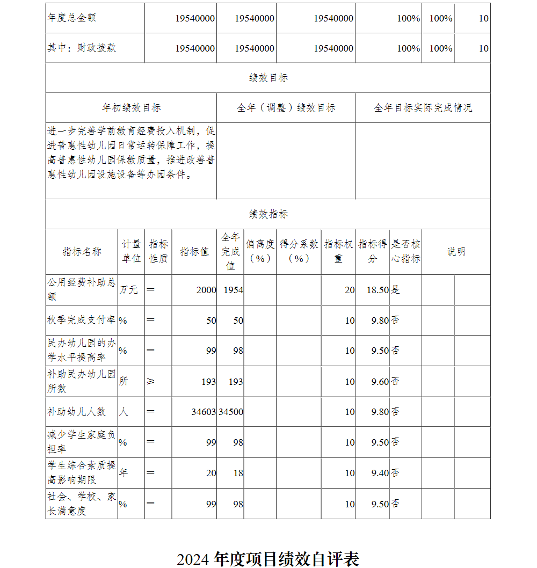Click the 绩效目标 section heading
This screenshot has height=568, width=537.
tap(268, 78)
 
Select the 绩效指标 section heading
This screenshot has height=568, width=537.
tap(268, 214)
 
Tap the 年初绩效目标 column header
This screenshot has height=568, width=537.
tap(131, 108)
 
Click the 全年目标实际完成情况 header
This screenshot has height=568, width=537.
tap(423, 108)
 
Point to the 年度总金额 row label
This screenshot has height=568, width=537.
tap(71, 18)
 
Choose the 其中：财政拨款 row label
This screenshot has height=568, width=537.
tap(82, 48)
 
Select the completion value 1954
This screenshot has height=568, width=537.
tap(234, 290)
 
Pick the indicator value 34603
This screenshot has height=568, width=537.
tap(204, 412)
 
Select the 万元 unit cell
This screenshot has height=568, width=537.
tap(128, 290)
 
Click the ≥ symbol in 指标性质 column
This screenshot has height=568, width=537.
tap(150, 381)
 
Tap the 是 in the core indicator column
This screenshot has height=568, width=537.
tap(395, 290)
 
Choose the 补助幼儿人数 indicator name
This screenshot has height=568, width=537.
tap(76, 412)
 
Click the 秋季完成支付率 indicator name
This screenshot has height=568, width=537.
tap(81, 320)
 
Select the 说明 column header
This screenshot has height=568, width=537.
tap(456, 252)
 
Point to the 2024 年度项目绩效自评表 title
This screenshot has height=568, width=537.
tap(268, 559)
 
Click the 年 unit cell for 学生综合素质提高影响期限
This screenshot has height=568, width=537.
tap(124, 473)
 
